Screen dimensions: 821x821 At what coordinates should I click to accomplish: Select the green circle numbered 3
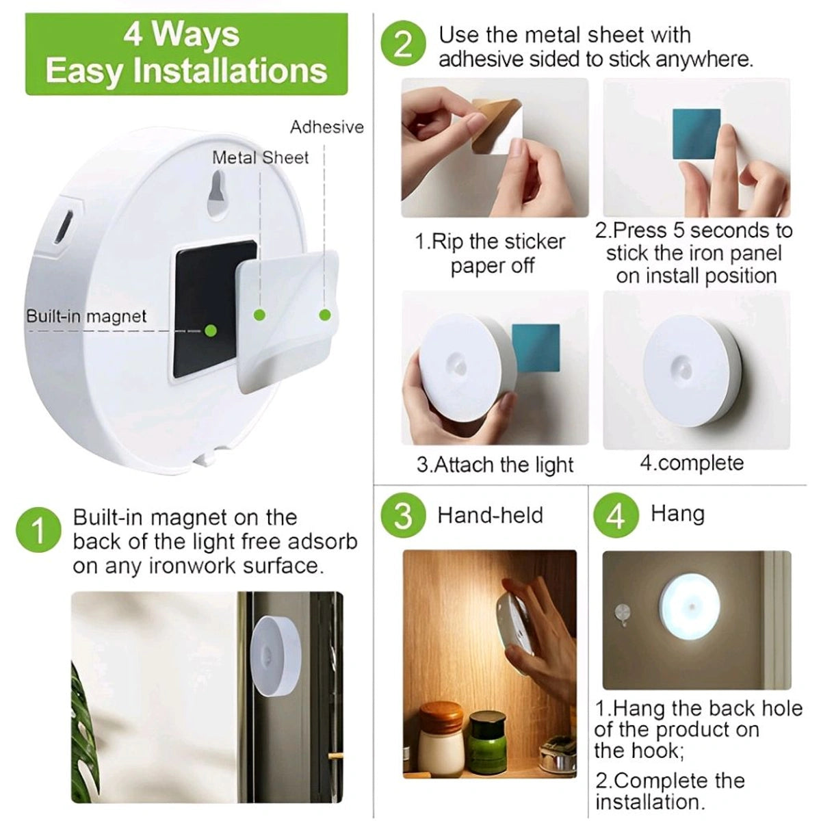pyautogui.click(x=404, y=515)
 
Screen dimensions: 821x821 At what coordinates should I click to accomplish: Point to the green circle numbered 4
pyautogui.click(x=616, y=515)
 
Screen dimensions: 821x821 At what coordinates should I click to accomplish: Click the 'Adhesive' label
pyautogui.click(x=326, y=127)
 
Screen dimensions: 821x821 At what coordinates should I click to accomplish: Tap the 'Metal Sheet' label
pyautogui.click(x=260, y=157)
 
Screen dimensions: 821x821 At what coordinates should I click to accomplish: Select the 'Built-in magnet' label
pyautogui.click(x=86, y=317)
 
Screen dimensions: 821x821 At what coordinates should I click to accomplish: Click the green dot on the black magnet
pyautogui.click(x=211, y=330)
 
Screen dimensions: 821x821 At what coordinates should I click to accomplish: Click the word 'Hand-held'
pyautogui.click(x=490, y=515)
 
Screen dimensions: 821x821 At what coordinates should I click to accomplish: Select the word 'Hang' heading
pyautogui.click(x=677, y=513)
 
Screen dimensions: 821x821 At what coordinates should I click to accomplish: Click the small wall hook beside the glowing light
pyautogui.click(x=623, y=611)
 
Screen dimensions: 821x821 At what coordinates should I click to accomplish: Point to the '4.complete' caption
pyautogui.click(x=691, y=463)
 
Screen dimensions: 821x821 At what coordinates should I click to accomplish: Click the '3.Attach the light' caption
pyautogui.click(x=495, y=465)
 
